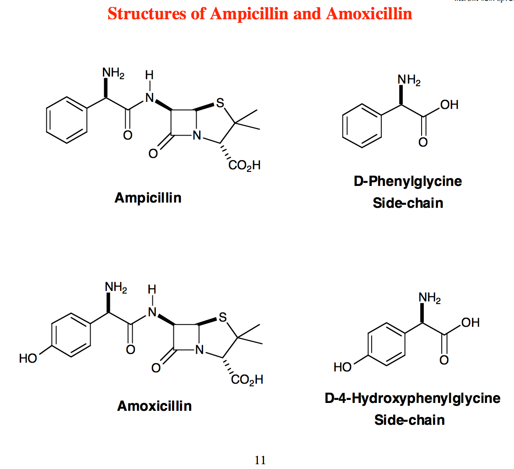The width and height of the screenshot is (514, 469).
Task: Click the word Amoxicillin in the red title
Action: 369,14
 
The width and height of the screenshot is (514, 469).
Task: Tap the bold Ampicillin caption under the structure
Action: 148,198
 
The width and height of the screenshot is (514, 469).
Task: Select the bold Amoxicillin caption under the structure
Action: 155,406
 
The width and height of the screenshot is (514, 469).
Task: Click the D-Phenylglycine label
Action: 408,181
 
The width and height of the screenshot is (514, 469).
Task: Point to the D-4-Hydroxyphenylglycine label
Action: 412,398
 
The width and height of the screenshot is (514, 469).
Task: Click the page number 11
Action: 260,460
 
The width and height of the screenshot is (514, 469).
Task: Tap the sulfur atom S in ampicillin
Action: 220,103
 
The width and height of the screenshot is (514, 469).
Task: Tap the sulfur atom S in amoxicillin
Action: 223,317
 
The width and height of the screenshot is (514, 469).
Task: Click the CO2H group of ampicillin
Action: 244,165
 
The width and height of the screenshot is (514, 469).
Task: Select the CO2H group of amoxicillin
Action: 247,379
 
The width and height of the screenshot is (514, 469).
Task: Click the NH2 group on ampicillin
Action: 113,73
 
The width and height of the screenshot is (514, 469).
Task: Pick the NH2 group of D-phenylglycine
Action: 409,80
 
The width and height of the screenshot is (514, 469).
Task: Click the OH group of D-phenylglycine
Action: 449,105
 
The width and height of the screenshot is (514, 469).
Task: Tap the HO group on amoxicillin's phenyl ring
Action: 28,358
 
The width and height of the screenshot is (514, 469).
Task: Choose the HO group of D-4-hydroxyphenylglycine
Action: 342,367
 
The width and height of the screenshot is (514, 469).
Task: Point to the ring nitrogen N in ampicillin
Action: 197,136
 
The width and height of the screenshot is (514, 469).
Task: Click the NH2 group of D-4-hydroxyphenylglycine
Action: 430,298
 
